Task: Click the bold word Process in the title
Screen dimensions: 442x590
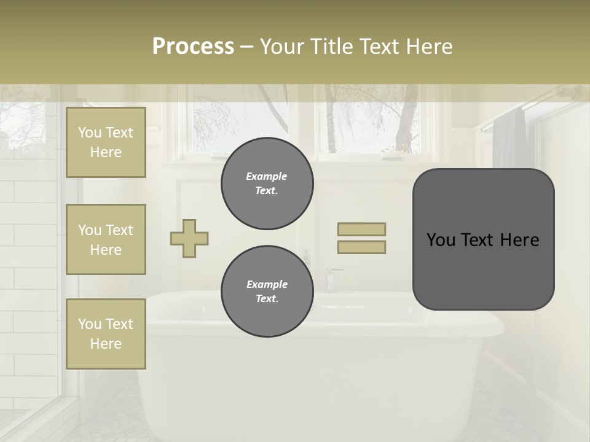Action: click(x=193, y=46)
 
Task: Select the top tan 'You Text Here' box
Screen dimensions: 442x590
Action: click(x=106, y=142)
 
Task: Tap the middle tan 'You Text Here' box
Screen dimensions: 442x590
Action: click(x=106, y=239)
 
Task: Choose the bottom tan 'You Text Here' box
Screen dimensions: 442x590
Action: click(x=106, y=334)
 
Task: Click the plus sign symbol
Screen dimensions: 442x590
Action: click(x=189, y=238)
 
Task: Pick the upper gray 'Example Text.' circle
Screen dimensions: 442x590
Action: click(x=267, y=184)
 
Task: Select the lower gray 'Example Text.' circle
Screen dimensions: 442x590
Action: click(x=267, y=292)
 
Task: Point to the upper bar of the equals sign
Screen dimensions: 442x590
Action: click(x=361, y=229)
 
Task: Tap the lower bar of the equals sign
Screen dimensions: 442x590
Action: click(x=361, y=247)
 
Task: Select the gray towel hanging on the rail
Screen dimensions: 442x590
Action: click(x=509, y=141)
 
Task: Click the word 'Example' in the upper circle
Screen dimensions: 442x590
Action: click(x=267, y=176)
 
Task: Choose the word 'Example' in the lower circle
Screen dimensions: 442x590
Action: click(x=267, y=284)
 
